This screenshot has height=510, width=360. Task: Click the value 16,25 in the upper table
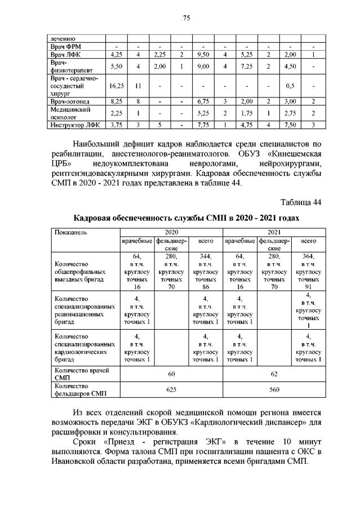pyautogui.click(x=116, y=86)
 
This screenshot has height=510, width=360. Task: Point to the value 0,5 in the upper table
pyautogui.click(x=290, y=86)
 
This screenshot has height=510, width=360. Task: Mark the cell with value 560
pyautogui.click(x=274, y=389)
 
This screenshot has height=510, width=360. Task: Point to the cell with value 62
pyautogui.click(x=274, y=373)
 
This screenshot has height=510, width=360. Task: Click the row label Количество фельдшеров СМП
pyautogui.click(x=78, y=389)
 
